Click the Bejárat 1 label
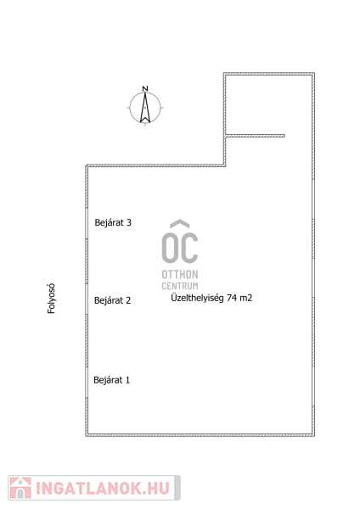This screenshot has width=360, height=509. [112, 380]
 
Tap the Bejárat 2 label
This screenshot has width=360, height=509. [112, 300]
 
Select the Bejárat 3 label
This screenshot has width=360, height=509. [113, 222]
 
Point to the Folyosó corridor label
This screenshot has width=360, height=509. [51, 299]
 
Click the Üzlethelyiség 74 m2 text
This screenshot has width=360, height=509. [211, 298]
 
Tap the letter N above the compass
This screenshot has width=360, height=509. [145, 88]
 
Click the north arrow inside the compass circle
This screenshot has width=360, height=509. [145, 108]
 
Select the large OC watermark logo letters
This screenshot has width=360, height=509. [180, 248]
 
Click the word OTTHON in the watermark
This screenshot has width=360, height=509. [180, 275]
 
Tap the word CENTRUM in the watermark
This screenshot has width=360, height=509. [180, 286]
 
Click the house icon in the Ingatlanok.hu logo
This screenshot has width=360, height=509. [20, 488]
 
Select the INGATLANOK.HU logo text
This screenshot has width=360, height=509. [103, 489]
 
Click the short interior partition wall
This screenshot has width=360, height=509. [255, 136]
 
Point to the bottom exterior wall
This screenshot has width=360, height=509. [200, 434]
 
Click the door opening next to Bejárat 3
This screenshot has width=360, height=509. [87, 223]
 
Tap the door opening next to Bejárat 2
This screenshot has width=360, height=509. [87, 299]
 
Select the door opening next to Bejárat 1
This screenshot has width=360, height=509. [87, 383]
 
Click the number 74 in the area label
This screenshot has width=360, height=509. [231, 298]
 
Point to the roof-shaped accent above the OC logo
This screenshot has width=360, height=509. [180, 224]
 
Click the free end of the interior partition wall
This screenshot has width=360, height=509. [284, 136]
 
